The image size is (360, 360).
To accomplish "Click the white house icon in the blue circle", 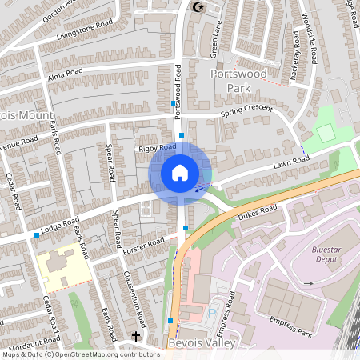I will coord(180,172).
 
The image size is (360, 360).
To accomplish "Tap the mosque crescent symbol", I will coord(199,7).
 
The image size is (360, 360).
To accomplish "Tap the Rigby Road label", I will coord(157,148).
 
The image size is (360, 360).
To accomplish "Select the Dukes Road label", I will coord(258,211).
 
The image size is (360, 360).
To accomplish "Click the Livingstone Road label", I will coord(85,31).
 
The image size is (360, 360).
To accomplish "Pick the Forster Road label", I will coord(144,246).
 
